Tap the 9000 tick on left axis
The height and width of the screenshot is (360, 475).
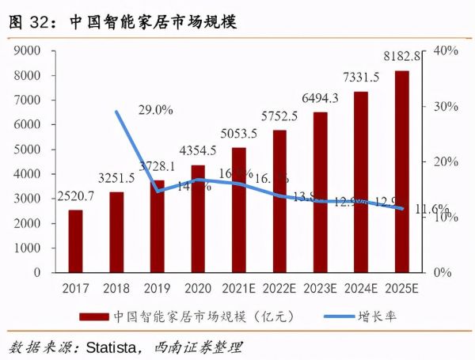click(x=27, y=51)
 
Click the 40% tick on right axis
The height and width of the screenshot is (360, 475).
click(x=446, y=51)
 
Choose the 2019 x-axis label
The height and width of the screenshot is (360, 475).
click(x=157, y=289)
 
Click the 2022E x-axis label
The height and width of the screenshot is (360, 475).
click(x=279, y=289)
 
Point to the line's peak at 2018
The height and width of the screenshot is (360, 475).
click(x=116, y=112)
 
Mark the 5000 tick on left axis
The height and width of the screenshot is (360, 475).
click(x=27, y=150)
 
